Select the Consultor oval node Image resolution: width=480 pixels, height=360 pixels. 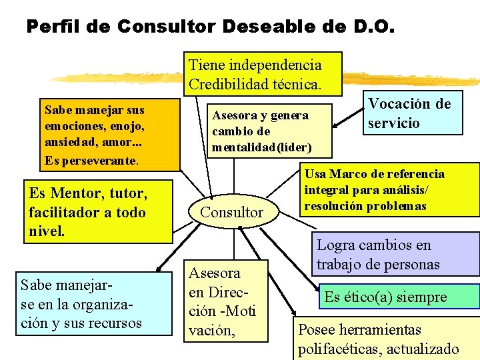232,212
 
